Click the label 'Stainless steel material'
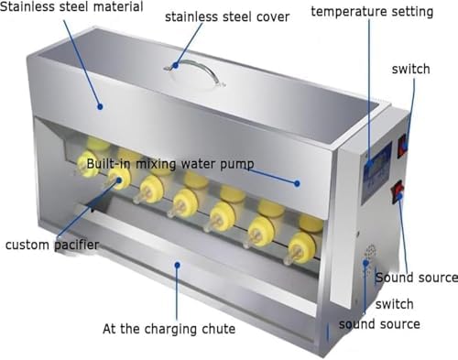tap(72, 8)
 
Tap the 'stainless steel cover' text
tap(226, 16)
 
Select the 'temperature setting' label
tap(373, 12)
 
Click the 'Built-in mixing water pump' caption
tap(170, 164)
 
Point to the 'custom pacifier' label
tap(50, 245)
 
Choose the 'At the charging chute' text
tap(169, 328)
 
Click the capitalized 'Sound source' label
tap(416, 278)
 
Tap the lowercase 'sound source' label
tap(379, 323)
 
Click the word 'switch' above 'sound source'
tap(394, 304)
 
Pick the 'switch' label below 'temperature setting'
tap(409, 69)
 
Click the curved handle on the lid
tap(195, 67)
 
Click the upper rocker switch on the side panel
tap(402, 145)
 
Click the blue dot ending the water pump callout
tap(297, 182)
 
